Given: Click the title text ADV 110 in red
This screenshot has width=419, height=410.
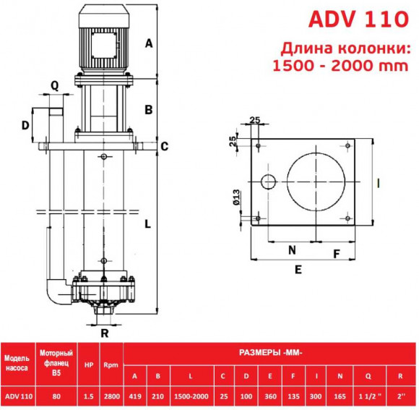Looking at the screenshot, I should tap(358, 19).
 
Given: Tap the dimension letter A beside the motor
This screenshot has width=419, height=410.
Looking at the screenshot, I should tap(149, 43).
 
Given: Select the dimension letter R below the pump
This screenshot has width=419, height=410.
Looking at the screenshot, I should tap(105, 333).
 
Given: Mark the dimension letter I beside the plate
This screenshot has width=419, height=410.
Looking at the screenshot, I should tap(379, 181).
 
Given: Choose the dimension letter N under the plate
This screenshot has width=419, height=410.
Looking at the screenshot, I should tap(293, 251).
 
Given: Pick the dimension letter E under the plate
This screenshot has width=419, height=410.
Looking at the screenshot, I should tap(298, 269).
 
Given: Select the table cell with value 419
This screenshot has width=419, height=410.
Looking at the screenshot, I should tap(135, 396).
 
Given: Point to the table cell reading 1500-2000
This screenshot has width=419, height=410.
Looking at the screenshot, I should tap(191, 396).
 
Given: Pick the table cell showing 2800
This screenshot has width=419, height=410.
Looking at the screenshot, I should tap(110, 396).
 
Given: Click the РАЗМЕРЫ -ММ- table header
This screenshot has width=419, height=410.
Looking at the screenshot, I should tap(270, 353).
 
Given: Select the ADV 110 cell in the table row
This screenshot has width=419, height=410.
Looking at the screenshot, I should tap(17, 396).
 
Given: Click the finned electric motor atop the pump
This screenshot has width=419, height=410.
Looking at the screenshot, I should tap(103, 43).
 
